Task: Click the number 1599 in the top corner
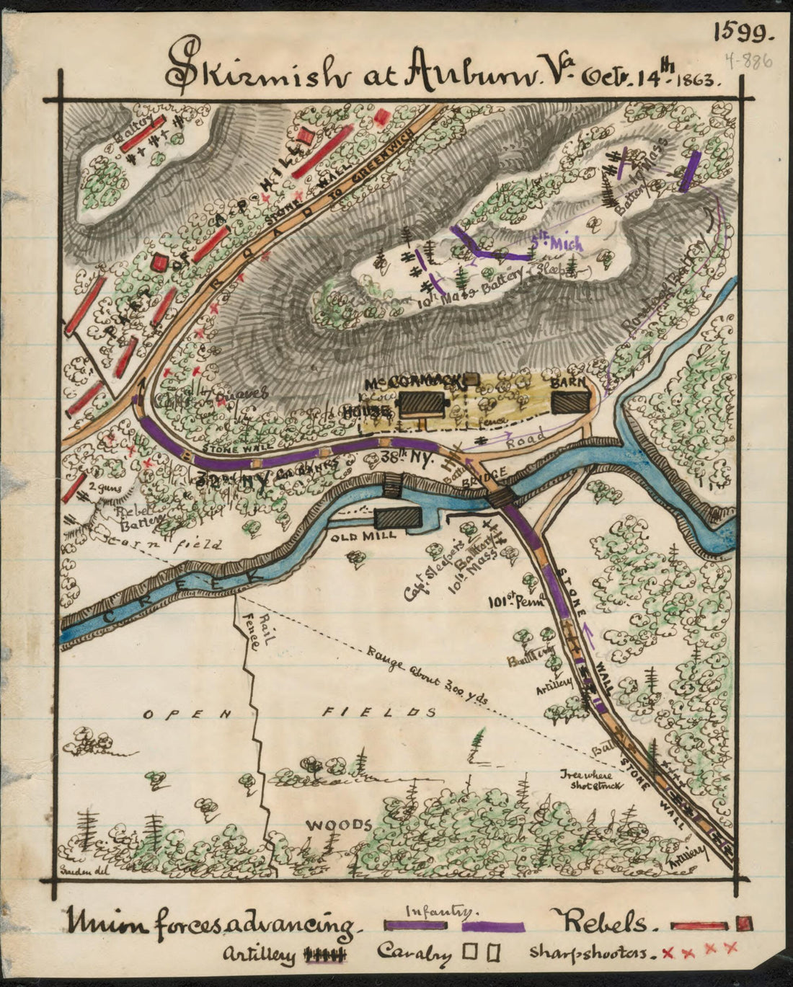click(743, 32)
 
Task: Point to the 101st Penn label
click(509, 601)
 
